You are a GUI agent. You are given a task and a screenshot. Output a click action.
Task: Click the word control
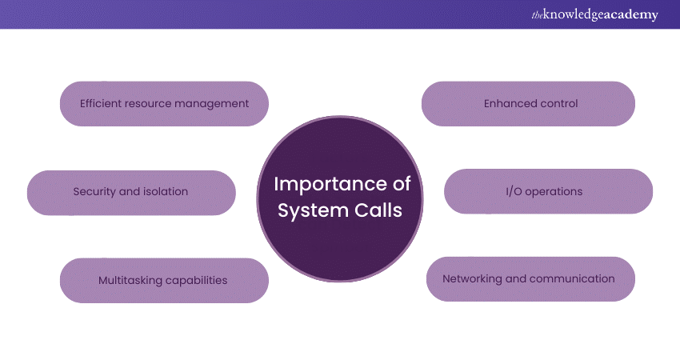[558, 103]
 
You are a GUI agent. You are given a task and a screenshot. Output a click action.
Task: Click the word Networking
[473, 279]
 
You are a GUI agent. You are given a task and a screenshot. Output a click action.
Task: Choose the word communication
[574, 279]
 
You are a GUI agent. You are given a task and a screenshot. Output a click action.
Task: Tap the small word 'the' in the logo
[535, 14]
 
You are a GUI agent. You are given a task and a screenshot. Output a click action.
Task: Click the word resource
[150, 103]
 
